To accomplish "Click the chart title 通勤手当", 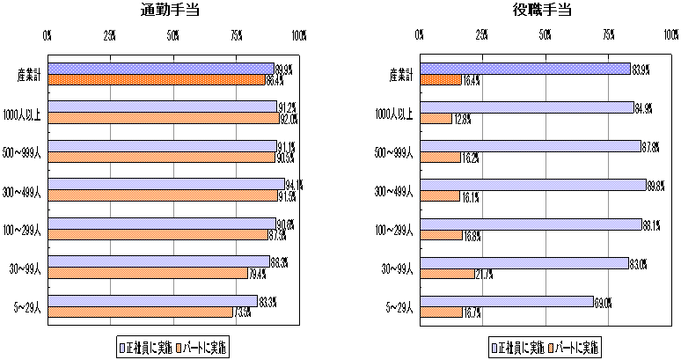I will [172, 11].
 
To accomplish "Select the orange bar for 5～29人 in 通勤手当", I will [141, 312].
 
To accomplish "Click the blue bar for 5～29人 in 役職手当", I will [508, 301].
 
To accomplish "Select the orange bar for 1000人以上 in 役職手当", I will [436, 118].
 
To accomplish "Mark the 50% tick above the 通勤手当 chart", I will [172, 35].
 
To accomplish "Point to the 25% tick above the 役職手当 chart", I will [483, 35].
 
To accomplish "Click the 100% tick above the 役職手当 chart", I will [670, 35].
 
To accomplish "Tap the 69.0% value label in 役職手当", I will [603, 302].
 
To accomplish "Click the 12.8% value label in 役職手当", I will [462, 119].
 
